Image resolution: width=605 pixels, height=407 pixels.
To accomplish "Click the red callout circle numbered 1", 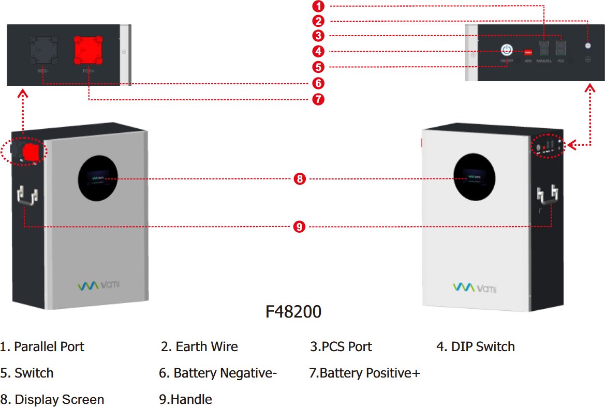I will tap(319, 6).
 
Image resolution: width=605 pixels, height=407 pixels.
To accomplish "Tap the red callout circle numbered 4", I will tap(319, 51).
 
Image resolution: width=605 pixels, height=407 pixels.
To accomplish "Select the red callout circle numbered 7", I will tap(319, 99).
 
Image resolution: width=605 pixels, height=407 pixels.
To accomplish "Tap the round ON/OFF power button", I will tap(507, 50).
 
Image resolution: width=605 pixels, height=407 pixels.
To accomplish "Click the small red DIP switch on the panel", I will tap(528, 51).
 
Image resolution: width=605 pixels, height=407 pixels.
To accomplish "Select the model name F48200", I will tap(293, 312).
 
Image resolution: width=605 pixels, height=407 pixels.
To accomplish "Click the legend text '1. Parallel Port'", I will tap(42, 346).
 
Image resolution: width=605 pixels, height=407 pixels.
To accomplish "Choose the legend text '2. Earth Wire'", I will tap(199, 346).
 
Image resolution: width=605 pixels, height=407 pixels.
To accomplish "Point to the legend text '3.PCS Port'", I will tap(341, 346).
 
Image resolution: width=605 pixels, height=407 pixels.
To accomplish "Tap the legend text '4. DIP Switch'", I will tap(476, 346).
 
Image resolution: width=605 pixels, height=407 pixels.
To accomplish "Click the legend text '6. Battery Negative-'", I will tap(218, 373).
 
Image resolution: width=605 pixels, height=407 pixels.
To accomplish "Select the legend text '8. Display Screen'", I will tap(52, 400).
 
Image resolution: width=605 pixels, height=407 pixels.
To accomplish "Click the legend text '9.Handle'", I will tap(186, 400).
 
